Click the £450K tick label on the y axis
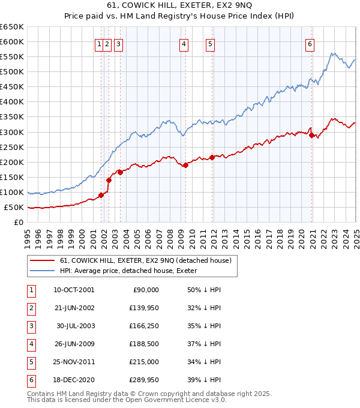pyautogui.click(x=11, y=86)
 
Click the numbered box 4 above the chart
pyautogui.click(x=183, y=44)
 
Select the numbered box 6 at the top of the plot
pyautogui.click(x=310, y=44)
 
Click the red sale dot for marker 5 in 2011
pyautogui.click(x=212, y=157)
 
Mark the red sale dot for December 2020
pyautogui.click(x=312, y=135)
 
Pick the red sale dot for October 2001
pyautogui.click(x=101, y=195)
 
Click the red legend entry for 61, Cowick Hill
pyautogui.click(x=141, y=260)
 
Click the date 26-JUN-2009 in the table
pyautogui.click(x=74, y=344)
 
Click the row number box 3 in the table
pyautogui.click(x=29, y=326)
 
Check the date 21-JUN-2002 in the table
pyautogui.click(x=74, y=308)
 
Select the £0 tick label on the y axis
pyautogui.click(x=19, y=222)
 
